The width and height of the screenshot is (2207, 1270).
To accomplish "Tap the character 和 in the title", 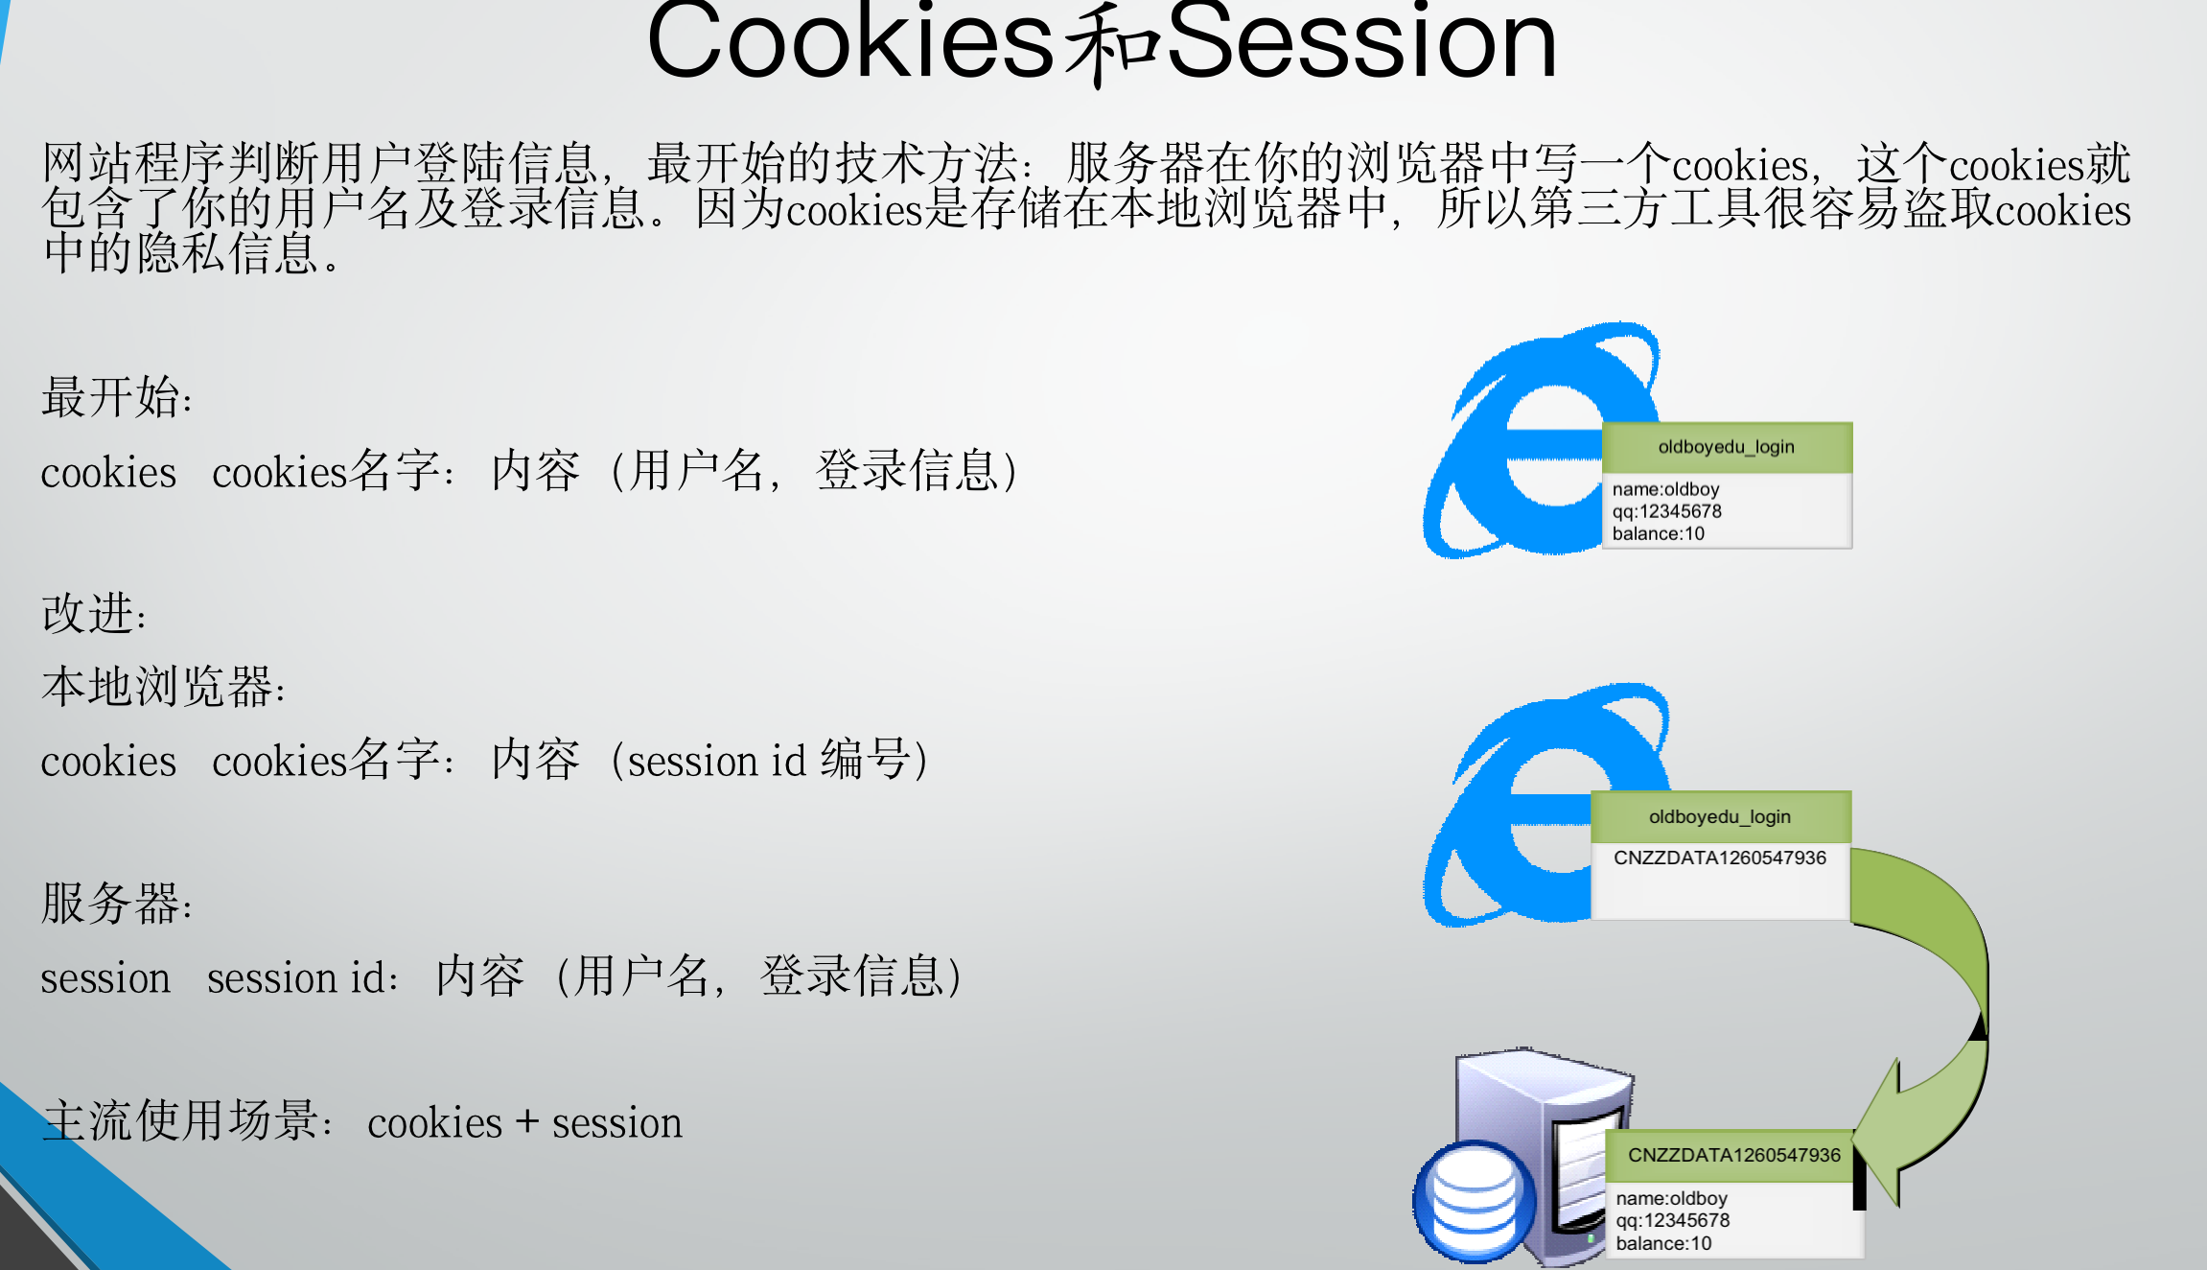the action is (x=1112, y=43).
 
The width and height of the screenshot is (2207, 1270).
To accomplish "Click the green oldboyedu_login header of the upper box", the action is (x=1727, y=447).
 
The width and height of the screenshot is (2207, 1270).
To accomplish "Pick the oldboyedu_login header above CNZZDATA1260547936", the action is (x=1720, y=816).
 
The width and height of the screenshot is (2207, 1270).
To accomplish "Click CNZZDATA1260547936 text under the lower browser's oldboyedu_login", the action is (x=1720, y=858).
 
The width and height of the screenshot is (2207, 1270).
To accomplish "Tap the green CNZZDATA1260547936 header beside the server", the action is (x=1733, y=1155).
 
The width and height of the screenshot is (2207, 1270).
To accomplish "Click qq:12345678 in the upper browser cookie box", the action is (x=1666, y=511).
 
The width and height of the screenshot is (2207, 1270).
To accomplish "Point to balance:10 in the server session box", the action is (x=1663, y=1243).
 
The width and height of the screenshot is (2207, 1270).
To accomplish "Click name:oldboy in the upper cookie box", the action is (x=1665, y=489).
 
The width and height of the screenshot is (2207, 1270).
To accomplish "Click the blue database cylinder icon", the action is (x=1475, y=1201).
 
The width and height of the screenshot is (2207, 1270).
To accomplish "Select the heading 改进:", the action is (x=94, y=614).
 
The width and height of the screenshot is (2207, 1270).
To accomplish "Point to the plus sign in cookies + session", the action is (x=526, y=1122).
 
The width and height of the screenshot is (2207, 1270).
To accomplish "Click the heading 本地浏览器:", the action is (x=163, y=687).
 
